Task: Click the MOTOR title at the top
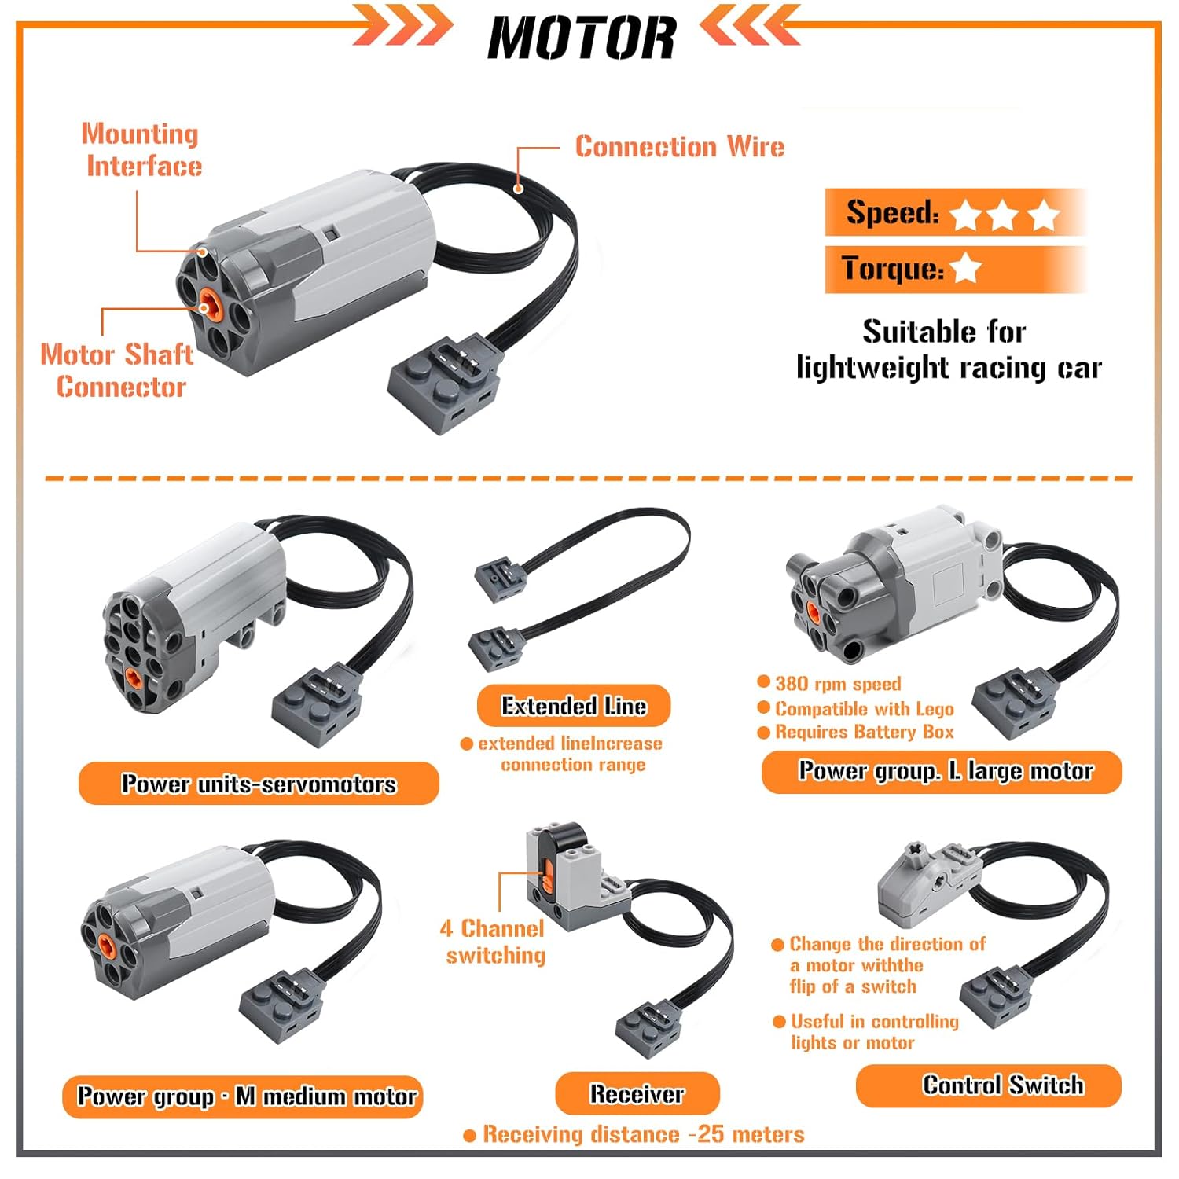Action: pos(582,38)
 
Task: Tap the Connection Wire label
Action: pos(680,147)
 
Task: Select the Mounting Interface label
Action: pos(141,150)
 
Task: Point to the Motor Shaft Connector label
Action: pos(118,370)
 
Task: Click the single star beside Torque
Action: pos(965,268)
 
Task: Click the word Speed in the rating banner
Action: pos(892,212)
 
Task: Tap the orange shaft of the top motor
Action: pos(208,301)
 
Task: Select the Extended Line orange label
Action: pos(574,706)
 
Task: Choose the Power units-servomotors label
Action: pos(259,783)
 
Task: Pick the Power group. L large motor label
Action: pos(942,772)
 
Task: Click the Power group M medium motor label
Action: pos(243,1096)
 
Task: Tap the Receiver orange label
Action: pos(637,1093)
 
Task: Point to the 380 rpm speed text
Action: pos(838,684)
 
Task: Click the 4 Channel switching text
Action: pos(494,942)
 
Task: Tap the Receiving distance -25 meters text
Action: pos(644,1134)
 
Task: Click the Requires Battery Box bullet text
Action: pos(865,733)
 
